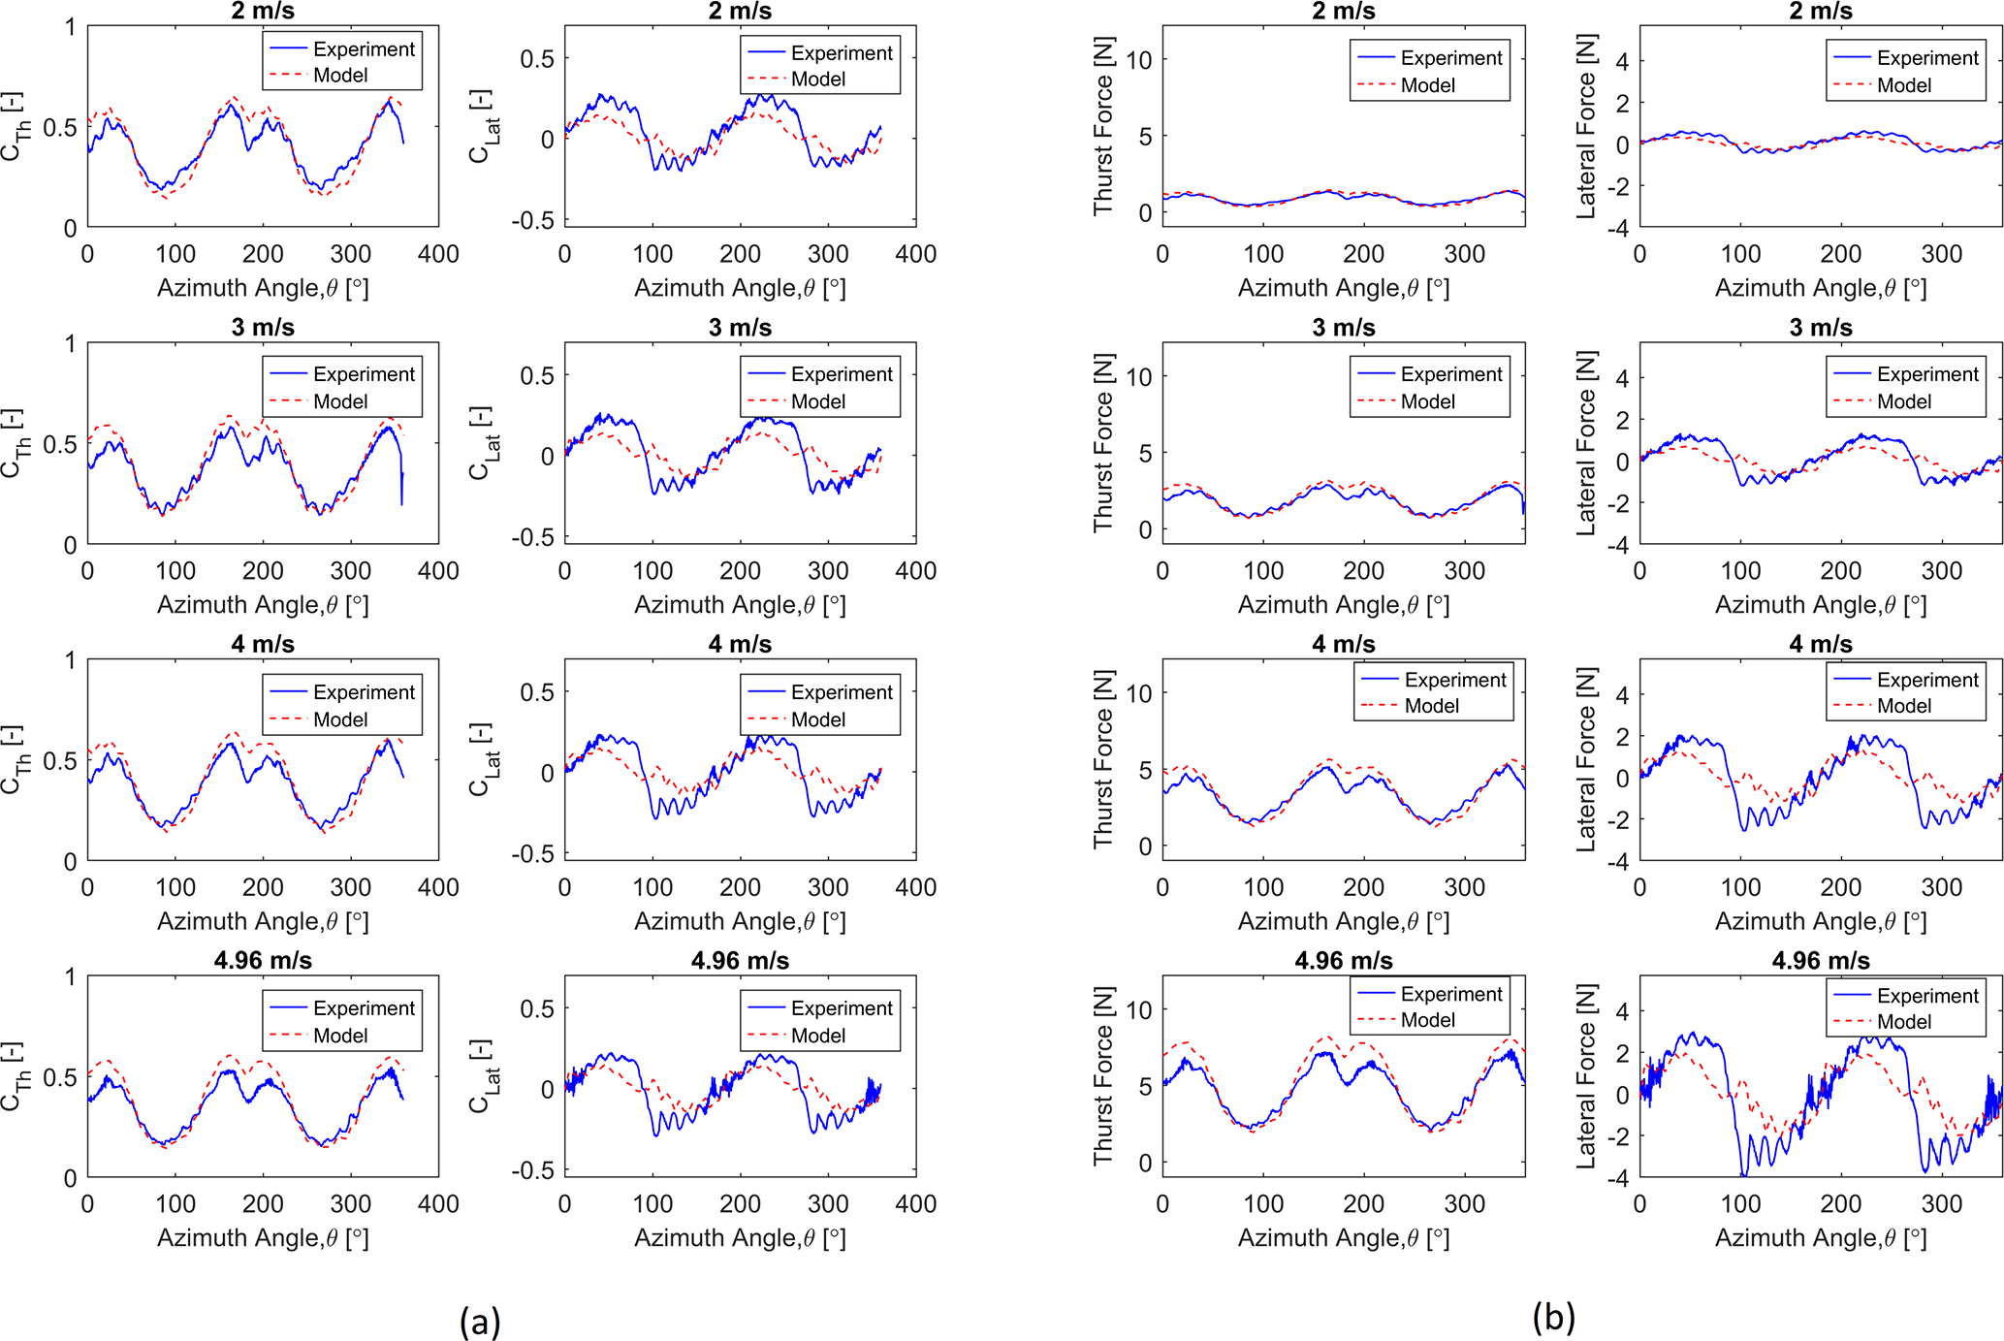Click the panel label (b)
(1553, 1317)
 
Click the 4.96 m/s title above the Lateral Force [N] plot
(1821, 961)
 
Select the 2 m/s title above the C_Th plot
(263, 11)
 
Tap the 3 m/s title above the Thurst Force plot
(1344, 328)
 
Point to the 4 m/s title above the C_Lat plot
(740, 645)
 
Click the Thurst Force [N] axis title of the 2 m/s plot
(1103, 126)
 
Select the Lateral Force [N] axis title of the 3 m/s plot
(1585, 443)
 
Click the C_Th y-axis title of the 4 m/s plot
(13, 760)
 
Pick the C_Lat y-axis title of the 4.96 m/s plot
(484, 1077)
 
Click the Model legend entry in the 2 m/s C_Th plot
(340, 76)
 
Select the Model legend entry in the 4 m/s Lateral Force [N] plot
(1904, 706)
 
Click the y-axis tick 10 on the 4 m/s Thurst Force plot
(1139, 693)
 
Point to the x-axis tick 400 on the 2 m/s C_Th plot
(438, 254)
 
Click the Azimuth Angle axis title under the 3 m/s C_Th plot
(263, 605)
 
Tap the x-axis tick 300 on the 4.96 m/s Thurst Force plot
(1464, 1204)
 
